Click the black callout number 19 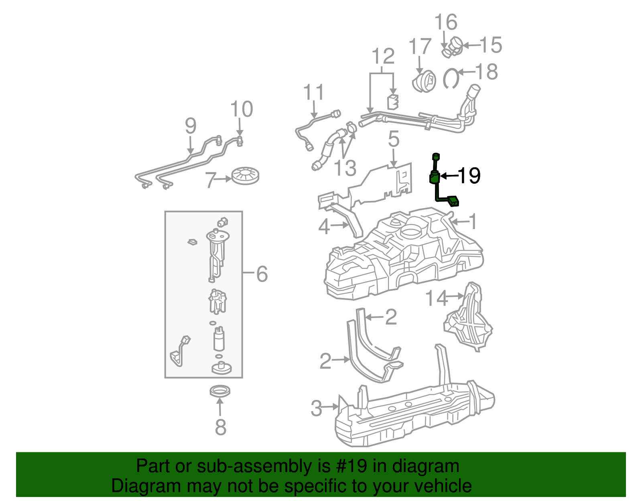[x=469, y=175]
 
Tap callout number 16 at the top [x=446, y=22]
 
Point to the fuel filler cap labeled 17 [x=424, y=81]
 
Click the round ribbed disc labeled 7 [x=245, y=176]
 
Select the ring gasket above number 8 [x=220, y=391]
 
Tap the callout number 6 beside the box [x=262, y=274]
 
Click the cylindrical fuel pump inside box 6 [x=219, y=339]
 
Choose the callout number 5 [x=394, y=139]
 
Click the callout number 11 [x=313, y=93]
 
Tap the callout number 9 [x=191, y=126]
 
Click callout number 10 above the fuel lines [x=242, y=109]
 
